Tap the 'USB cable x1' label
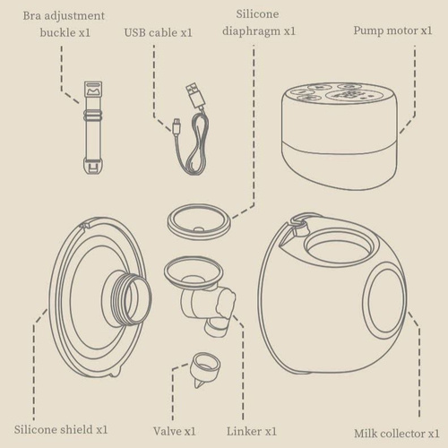pyautogui.click(x=159, y=33)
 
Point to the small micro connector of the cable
pyautogui.click(x=174, y=125)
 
